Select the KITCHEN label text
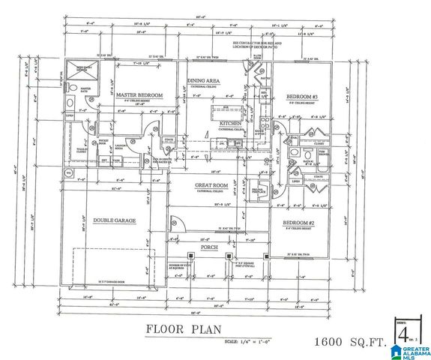tap(230, 122)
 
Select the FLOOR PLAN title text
tap(174, 328)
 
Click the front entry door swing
tap(176, 223)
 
